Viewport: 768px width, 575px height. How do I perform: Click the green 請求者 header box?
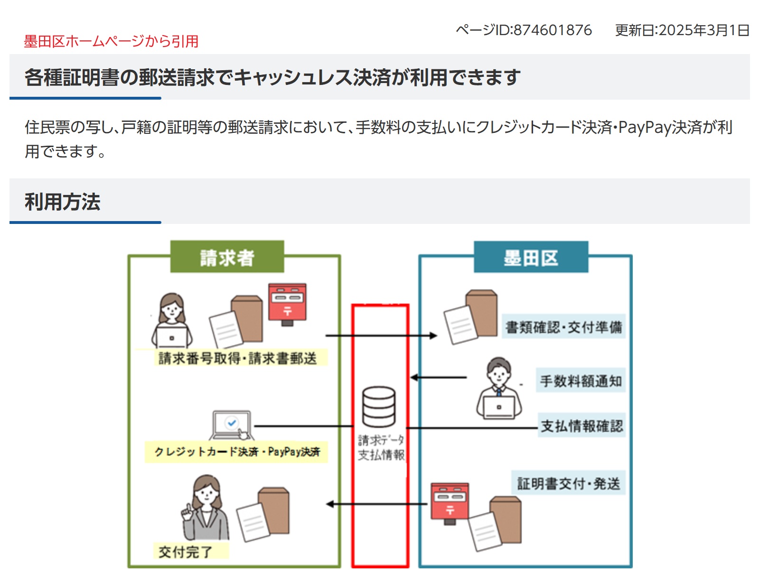tap(227, 257)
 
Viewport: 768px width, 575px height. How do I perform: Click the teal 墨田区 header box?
tap(531, 257)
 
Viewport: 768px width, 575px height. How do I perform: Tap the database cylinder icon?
tap(378, 407)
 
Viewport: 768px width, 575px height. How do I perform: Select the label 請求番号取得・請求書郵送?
tap(237, 358)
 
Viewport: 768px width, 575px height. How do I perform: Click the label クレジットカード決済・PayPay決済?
tap(237, 451)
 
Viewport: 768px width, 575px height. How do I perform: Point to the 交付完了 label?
tap(186, 552)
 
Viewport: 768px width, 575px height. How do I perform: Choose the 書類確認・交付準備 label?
tap(563, 326)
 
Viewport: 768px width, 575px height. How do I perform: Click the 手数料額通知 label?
tap(581, 380)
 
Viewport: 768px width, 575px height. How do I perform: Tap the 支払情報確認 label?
tap(581, 426)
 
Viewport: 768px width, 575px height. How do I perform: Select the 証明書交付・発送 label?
tap(568, 483)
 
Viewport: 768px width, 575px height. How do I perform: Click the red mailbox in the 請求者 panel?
tap(287, 304)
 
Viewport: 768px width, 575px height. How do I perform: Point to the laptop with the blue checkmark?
tap(231, 425)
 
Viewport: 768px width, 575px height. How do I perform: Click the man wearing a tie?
tap(498, 389)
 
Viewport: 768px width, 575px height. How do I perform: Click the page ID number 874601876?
tap(553, 30)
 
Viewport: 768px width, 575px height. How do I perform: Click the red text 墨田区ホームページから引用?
tap(111, 41)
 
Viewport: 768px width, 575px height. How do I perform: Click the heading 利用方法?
tap(63, 202)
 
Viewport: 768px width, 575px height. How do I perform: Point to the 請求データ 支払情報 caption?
tap(381, 447)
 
